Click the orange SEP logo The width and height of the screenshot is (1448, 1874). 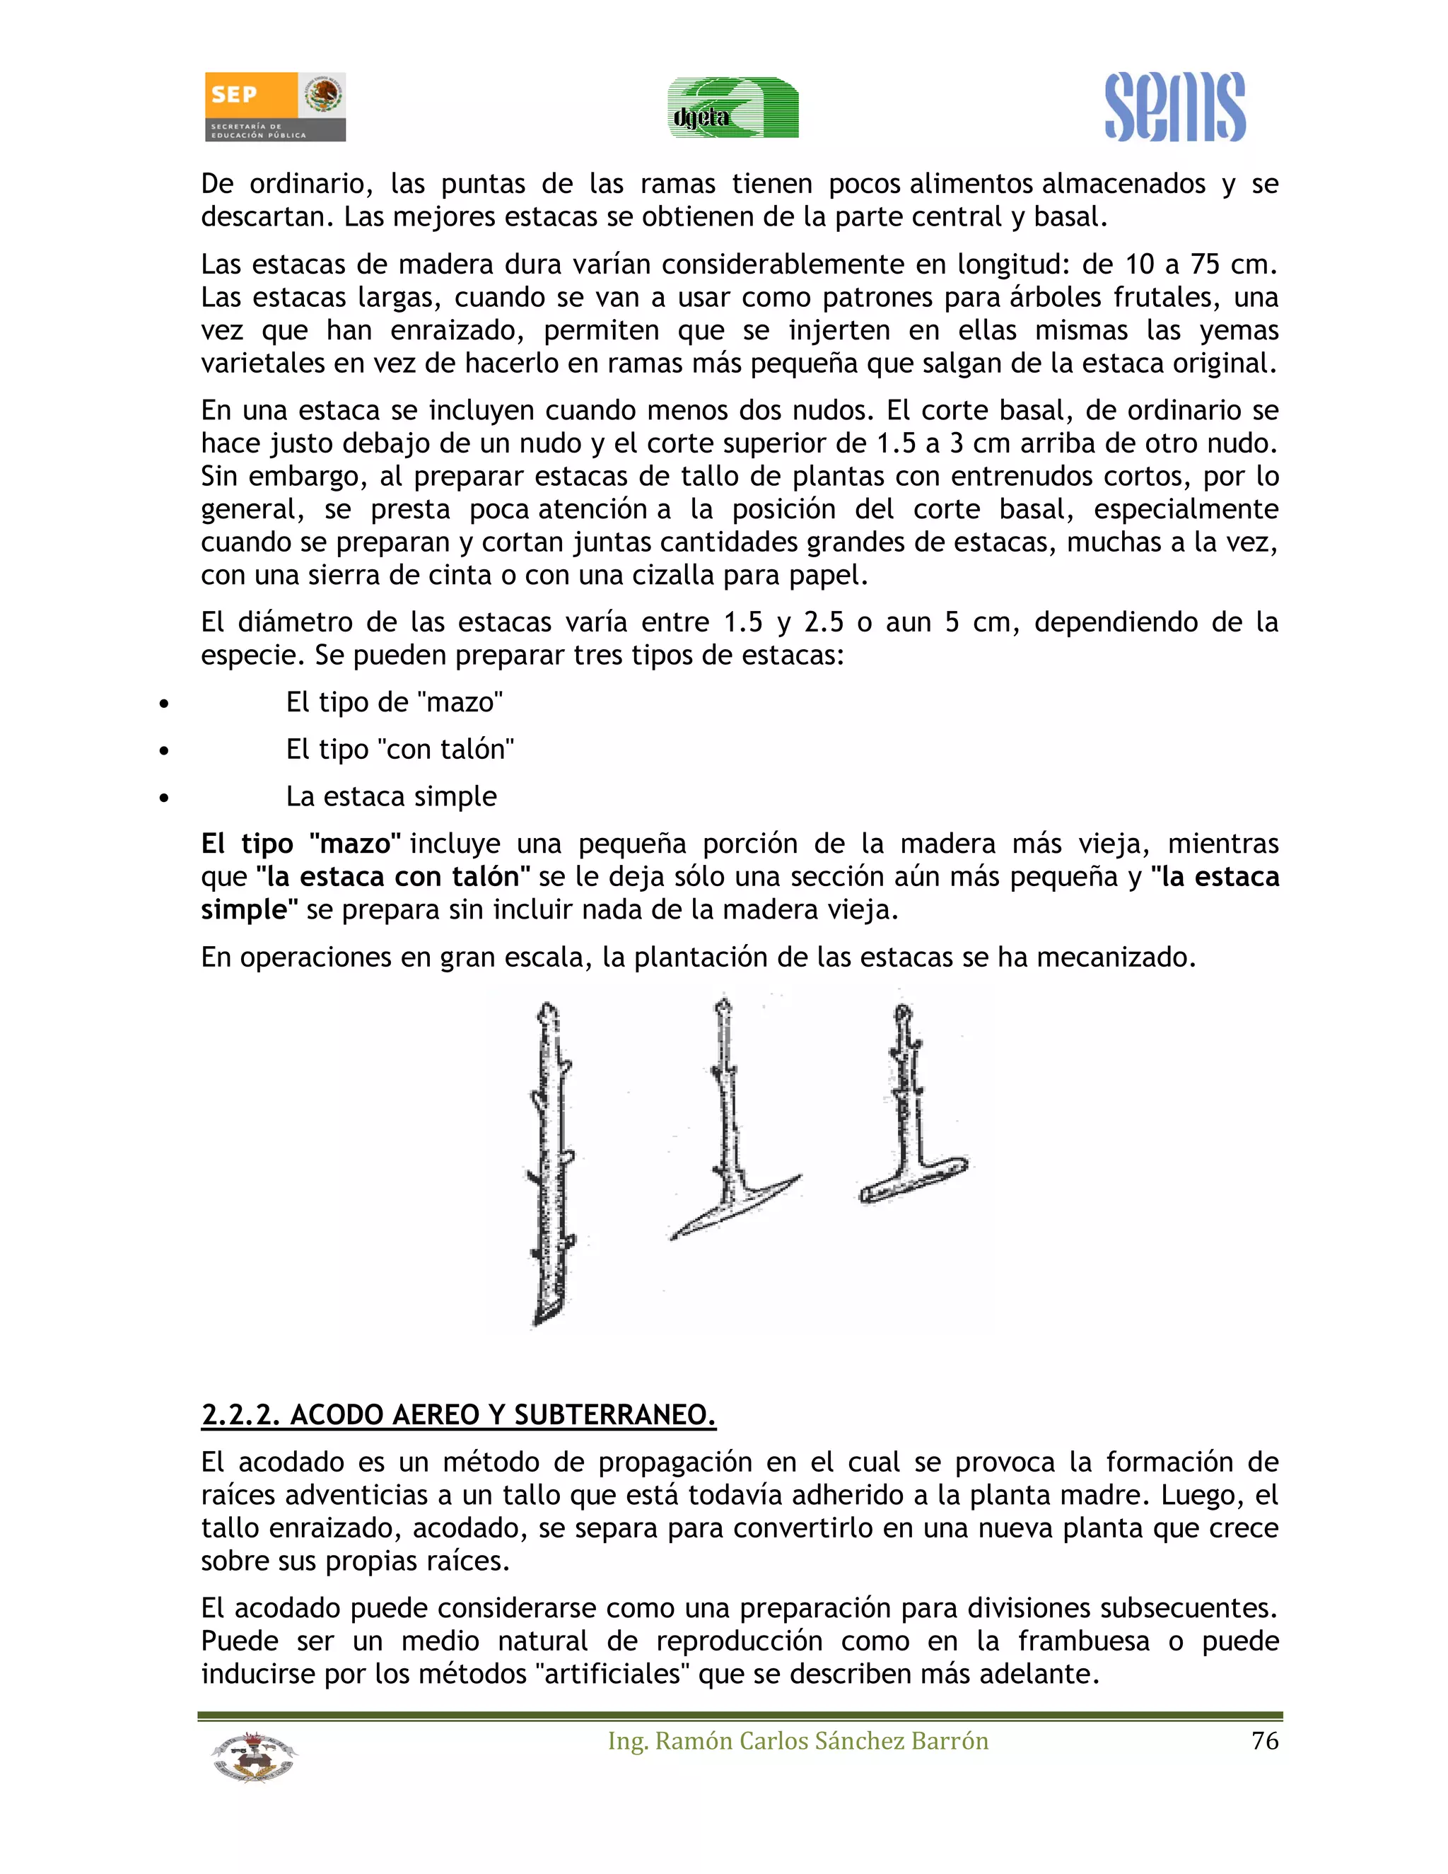point(274,106)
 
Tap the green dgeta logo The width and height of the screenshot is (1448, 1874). point(733,108)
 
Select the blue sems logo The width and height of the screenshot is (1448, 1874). point(1174,107)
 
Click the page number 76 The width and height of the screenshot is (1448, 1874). point(1264,1741)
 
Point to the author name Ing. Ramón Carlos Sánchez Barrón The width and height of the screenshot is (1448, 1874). point(798,1741)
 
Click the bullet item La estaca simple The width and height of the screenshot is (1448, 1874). point(391,796)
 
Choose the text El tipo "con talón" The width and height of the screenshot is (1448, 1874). point(399,749)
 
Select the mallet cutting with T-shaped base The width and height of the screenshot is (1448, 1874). point(909,1124)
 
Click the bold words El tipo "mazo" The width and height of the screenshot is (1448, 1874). point(301,844)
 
